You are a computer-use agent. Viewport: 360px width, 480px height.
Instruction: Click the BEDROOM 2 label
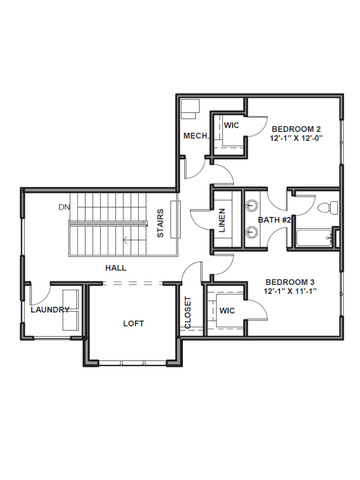tap(296, 129)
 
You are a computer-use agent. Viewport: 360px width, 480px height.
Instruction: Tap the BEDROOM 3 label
tap(290, 282)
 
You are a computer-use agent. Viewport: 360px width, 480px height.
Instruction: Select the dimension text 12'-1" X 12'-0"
tap(297, 138)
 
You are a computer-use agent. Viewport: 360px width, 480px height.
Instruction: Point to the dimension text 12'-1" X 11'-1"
tap(290, 291)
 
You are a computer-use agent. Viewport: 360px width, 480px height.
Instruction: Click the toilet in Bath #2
tap(328, 208)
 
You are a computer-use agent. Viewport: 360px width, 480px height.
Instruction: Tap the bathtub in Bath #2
tap(313, 238)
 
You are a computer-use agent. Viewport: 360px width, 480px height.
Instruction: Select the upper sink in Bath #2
tap(252, 205)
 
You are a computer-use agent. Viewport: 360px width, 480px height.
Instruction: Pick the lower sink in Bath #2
tap(252, 231)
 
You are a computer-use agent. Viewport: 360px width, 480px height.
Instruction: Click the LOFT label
tap(133, 323)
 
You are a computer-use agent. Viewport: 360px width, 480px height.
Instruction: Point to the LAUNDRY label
tap(50, 310)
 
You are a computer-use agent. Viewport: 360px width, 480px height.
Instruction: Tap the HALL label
tap(116, 268)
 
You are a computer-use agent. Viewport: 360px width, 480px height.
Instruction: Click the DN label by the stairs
tap(64, 207)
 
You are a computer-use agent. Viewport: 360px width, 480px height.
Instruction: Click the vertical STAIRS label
tap(160, 223)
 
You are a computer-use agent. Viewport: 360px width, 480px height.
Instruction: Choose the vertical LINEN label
tap(222, 220)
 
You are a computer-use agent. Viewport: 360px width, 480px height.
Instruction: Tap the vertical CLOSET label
tap(188, 313)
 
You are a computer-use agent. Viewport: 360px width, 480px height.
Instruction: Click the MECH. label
tap(197, 136)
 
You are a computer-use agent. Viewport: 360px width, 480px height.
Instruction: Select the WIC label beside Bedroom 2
tap(231, 125)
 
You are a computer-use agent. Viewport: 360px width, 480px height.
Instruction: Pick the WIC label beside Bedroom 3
tap(227, 311)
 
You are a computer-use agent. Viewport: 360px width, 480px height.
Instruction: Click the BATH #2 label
tap(275, 220)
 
